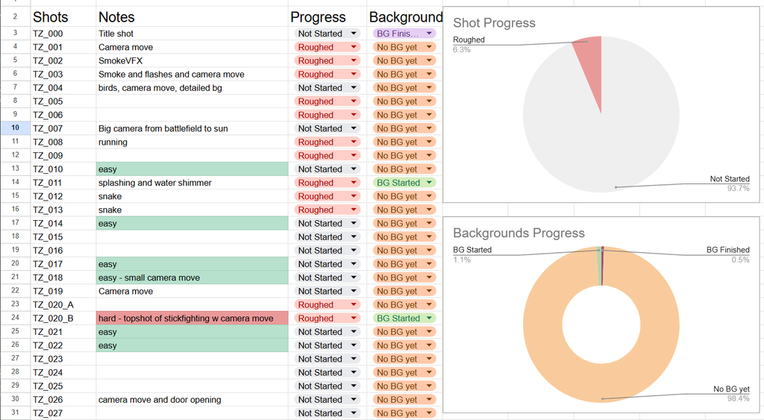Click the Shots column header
point(50,17)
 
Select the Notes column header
point(116,17)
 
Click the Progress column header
point(318,17)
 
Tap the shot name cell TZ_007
point(48,128)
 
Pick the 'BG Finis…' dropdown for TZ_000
point(404,34)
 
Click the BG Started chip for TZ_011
point(404,183)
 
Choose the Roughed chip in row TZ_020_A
point(327,304)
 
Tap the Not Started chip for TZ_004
point(327,88)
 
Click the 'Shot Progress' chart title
point(494,23)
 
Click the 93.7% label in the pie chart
point(738,189)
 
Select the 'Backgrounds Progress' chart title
point(519,233)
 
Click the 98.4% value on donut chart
point(738,398)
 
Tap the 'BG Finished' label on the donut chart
point(728,250)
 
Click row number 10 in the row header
point(15,128)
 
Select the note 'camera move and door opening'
point(160,400)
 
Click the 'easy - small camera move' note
point(149,278)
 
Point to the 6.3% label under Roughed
point(462,50)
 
